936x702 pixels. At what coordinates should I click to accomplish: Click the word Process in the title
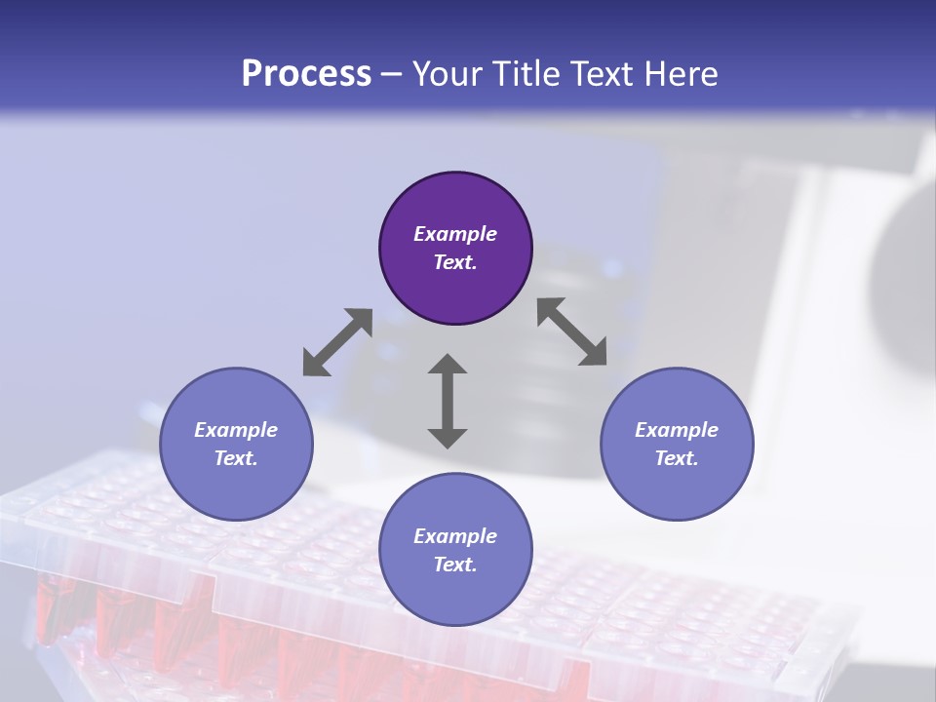pyautogui.click(x=306, y=73)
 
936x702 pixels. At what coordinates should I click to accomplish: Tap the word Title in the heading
pyautogui.click(x=528, y=73)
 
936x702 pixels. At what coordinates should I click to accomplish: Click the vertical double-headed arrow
pyautogui.click(x=448, y=401)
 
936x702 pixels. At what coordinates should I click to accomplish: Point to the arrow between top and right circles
pyautogui.click(x=572, y=331)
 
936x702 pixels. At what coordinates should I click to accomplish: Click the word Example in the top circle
pyautogui.click(x=455, y=234)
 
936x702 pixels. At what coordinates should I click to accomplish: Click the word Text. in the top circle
pyautogui.click(x=455, y=262)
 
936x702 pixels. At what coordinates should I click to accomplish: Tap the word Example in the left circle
pyautogui.click(x=236, y=430)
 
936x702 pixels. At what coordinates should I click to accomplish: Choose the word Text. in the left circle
pyautogui.click(x=236, y=458)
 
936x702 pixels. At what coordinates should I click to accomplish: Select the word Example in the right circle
pyautogui.click(x=677, y=430)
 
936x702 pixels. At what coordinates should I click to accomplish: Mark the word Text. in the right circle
pyautogui.click(x=677, y=458)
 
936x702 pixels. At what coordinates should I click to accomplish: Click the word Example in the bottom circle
pyautogui.click(x=455, y=536)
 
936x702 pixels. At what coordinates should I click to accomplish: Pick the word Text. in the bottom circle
pyautogui.click(x=455, y=565)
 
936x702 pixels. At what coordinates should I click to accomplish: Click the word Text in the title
pyautogui.click(x=605, y=73)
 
